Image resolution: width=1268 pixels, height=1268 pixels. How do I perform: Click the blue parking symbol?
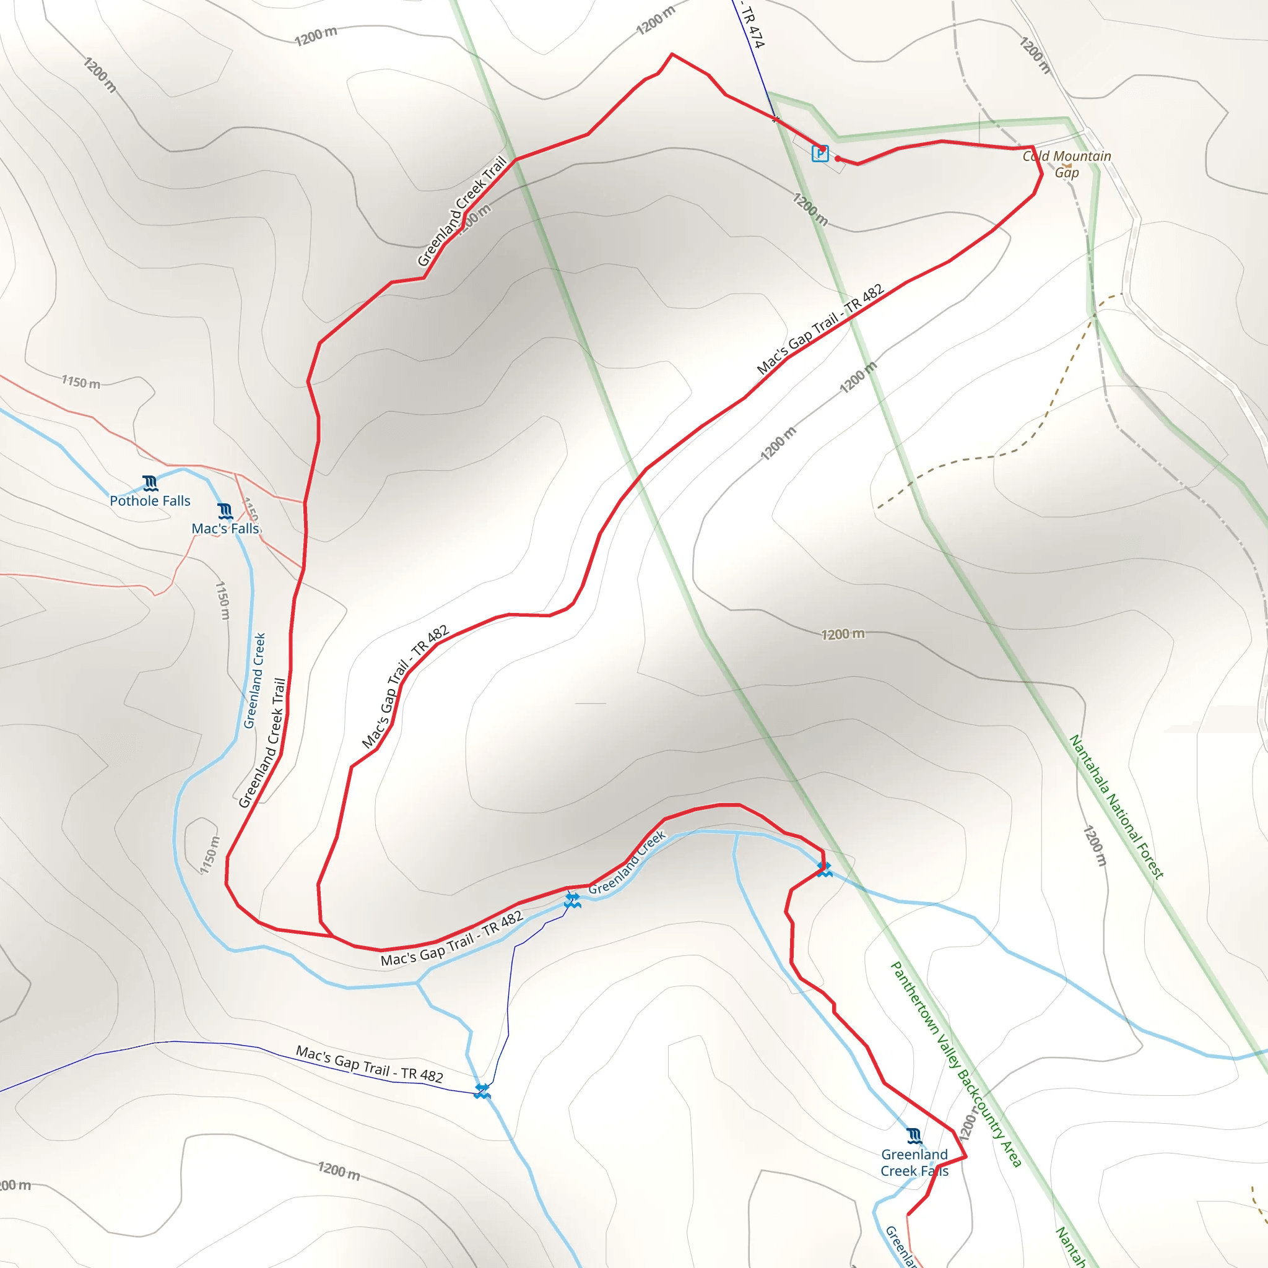pos(820,153)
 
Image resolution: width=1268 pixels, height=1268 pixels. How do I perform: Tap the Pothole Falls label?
pos(150,501)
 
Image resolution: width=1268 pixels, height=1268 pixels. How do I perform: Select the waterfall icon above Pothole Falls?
pos(150,484)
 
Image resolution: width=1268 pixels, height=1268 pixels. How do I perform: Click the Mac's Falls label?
pos(225,528)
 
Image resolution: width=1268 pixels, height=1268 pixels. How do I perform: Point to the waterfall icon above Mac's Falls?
pos(225,511)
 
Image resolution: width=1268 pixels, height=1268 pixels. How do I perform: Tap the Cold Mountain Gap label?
pos(1067,164)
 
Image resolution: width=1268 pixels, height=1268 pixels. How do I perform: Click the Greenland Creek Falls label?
pos(914,1162)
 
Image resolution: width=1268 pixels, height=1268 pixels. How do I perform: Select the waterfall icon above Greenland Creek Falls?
pos(914,1136)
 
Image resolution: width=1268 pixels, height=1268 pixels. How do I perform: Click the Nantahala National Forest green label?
pos(1116,807)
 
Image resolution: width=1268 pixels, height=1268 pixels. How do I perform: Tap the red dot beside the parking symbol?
pos(838,158)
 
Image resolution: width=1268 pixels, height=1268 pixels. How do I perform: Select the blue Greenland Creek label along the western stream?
pos(254,680)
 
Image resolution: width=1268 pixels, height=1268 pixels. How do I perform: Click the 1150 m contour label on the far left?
pos(80,382)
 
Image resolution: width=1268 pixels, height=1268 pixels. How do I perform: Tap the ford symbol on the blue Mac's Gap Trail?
pos(482,1091)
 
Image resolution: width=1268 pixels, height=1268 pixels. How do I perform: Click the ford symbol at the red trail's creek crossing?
pos(824,870)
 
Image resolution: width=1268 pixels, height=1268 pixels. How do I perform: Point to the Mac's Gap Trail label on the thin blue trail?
pos(370,1063)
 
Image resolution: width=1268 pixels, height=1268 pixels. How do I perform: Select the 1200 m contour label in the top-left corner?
pos(100,74)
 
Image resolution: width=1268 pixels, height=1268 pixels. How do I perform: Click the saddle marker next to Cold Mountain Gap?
pos(1067,166)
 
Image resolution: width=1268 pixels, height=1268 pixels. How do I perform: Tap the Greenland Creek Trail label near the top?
pos(462,211)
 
